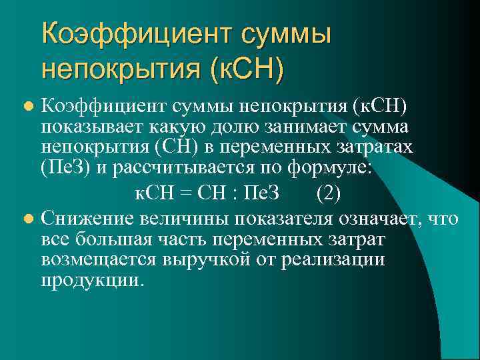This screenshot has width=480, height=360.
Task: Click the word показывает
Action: (x=81, y=127)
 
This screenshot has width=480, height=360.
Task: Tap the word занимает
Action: (x=273, y=127)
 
